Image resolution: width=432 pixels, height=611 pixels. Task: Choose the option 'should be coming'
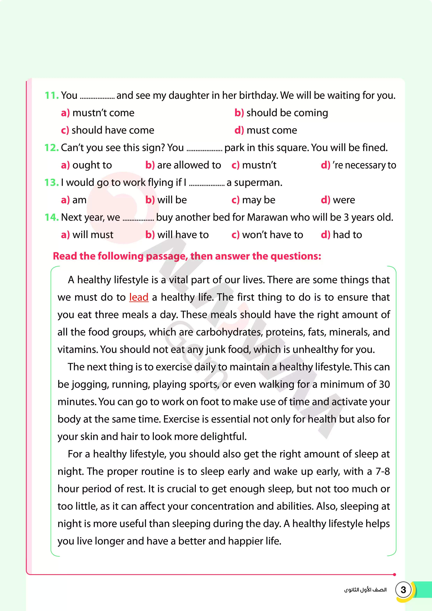pos(287,113)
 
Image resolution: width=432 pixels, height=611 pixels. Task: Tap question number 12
pos(52,148)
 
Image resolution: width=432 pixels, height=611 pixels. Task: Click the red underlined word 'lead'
pos(139,297)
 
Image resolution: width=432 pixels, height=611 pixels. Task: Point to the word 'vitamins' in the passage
pos(78,349)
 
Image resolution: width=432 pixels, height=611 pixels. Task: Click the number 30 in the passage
pos(384,384)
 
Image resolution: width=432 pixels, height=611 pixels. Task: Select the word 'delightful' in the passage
pos(223,436)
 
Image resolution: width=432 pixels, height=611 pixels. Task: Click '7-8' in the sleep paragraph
pos(383,471)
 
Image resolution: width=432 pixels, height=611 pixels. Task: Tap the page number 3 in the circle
pos(403,590)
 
